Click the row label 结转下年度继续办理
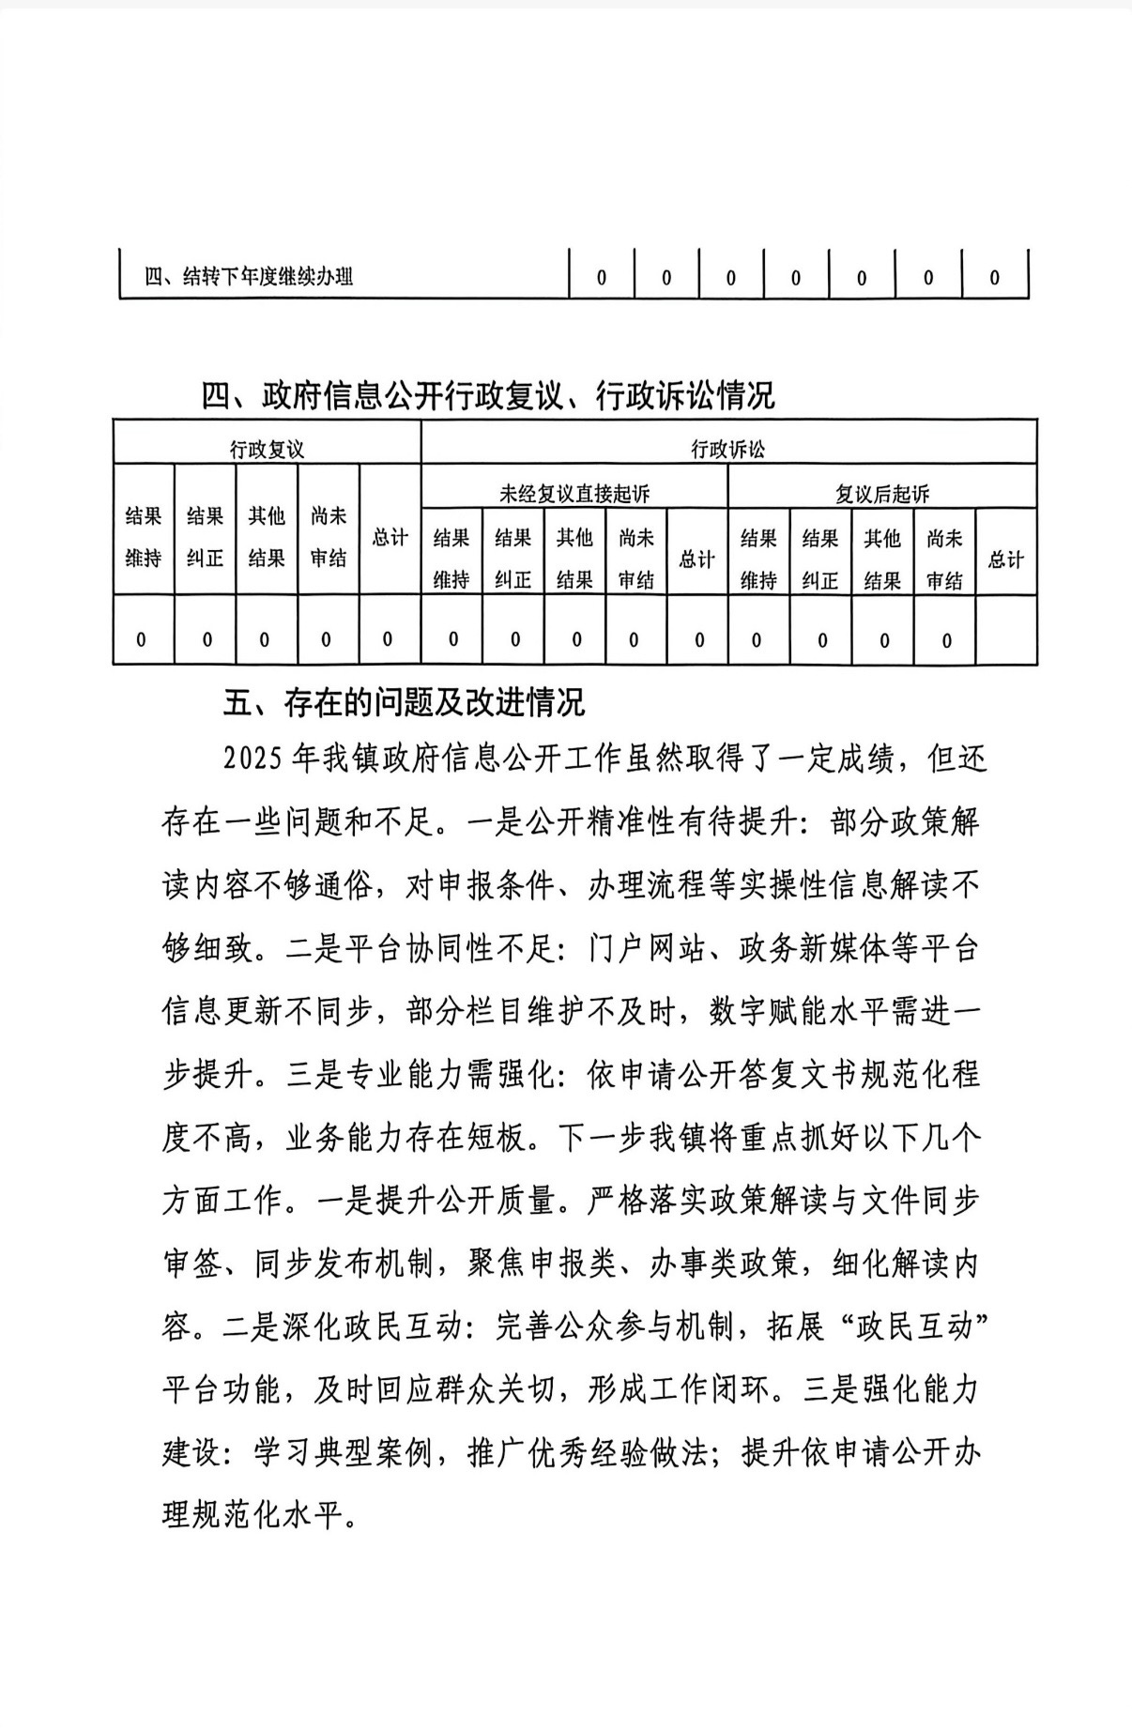pos(249,277)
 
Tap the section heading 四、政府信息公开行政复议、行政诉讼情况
pos(488,396)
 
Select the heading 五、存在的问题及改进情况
pos(404,702)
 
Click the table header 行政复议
pos(267,449)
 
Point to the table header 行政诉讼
pos(728,449)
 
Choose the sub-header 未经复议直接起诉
pos(574,493)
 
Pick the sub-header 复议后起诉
pos(882,493)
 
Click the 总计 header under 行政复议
pos(390,537)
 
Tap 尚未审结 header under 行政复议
pos(329,537)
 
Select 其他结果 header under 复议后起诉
pos(882,559)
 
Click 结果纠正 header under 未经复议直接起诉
pos(513,559)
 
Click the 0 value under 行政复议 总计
pos(388,639)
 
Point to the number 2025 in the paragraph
pos(253,759)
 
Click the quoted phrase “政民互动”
pos(911,1327)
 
